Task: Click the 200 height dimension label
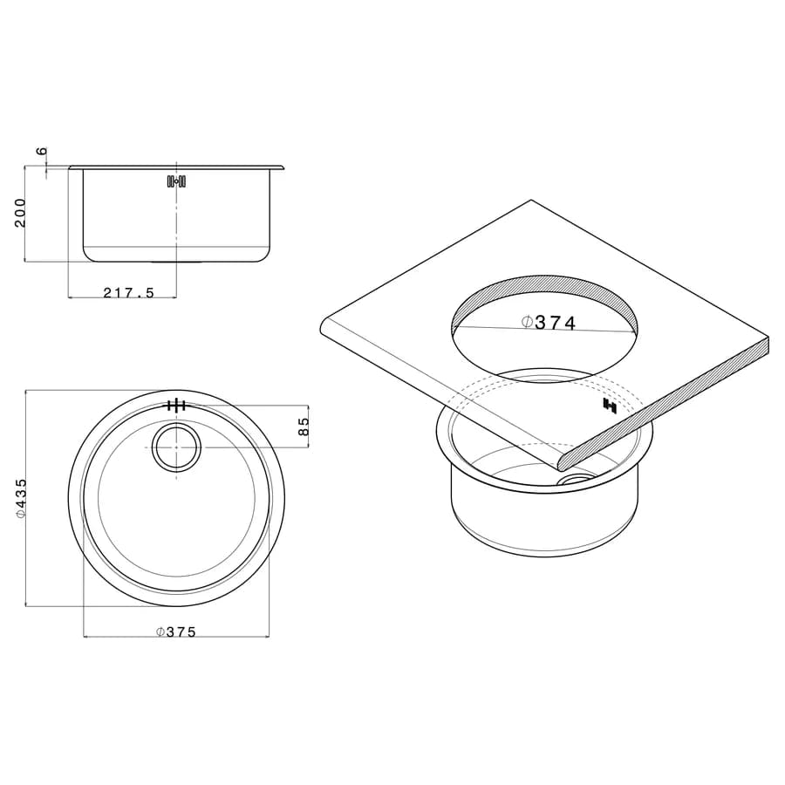pos(20,213)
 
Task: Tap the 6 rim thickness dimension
pos(42,151)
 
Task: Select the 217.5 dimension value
pos(129,293)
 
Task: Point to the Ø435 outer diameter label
pos(21,498)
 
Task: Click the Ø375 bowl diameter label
pos(175,632)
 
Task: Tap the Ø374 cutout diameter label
pos(549,323)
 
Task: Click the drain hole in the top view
pos(176,447)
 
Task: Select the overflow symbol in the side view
pos(177,181)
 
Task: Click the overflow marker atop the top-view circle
pos(176,406)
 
